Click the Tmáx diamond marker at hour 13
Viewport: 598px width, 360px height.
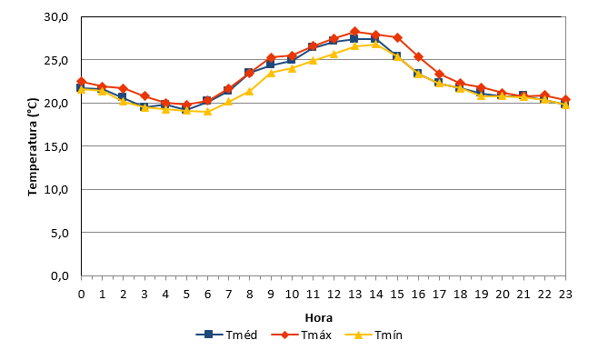(354, 31)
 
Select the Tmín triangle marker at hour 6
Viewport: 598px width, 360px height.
(207, 111)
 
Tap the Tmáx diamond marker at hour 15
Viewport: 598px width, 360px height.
(397, 37)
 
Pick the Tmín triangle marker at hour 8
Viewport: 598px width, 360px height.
(249, 92)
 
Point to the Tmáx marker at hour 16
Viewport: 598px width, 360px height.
(418, 57)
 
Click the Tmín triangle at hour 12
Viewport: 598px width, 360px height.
(334, 54)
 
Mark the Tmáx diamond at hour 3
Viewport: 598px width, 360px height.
(145, 95)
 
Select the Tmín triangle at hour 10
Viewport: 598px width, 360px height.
(292, 68)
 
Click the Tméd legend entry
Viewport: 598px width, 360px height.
(226, 335)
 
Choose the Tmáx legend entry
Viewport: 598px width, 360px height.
(302, 335)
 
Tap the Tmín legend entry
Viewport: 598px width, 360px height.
(374, 335)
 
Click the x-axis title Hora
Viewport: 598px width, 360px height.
(319, 317)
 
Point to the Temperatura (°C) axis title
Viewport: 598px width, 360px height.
(33, 147)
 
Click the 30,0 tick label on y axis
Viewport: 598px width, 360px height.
(56, 17)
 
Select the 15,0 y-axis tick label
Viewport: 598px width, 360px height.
(56, 146)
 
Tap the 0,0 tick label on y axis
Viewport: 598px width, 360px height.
(59, 275)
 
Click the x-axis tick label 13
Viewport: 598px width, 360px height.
(354, 294)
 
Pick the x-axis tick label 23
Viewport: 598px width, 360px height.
(565, 294)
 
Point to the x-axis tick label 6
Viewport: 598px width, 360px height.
(207, 294)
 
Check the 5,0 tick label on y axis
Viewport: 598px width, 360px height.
(59, 233)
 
